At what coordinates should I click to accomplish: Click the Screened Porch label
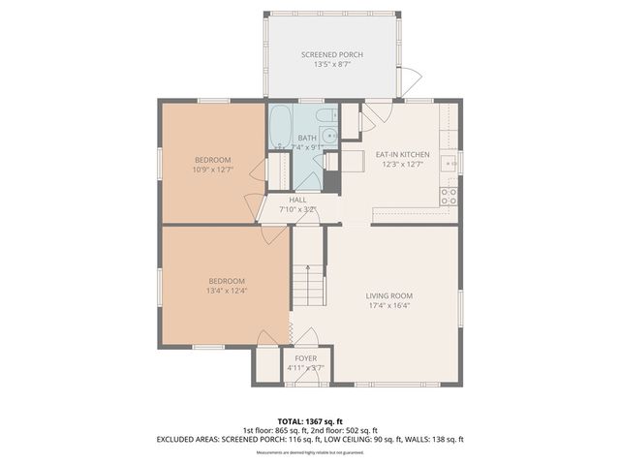(x=331, y=55)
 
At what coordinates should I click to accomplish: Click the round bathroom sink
(x=329, y=137)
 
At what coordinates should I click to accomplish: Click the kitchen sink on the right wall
(x=449, y=163)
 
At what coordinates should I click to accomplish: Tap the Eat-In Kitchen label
(x=402, y=154)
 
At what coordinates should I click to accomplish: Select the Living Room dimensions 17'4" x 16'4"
(x=388, y=305)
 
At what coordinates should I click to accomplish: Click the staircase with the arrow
(x=307, y=280)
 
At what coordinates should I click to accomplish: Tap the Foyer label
(x=306, y=358)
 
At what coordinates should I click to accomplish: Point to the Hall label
(x=297, y=200)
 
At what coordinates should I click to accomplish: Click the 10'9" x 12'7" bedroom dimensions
(x=212, y=170)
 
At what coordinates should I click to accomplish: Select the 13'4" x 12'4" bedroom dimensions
(x=227, y=290)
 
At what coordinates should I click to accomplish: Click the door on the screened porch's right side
(x=413, y=77)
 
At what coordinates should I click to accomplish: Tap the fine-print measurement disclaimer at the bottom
(x=310, y=452)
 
